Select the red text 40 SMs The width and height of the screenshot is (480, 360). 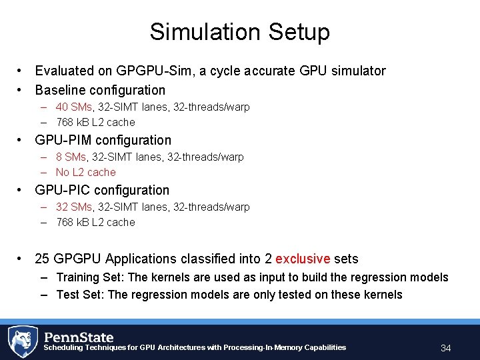click(x=74, y=107)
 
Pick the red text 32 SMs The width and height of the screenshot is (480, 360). click(x=74, y=207)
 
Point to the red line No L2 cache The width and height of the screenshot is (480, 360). click(x=86, y=172)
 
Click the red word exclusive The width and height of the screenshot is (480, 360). click(x=303, y=259)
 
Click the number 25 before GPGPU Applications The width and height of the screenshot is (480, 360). click(x=43, y=259)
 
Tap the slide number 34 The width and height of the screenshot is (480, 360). click(x=446, y=348)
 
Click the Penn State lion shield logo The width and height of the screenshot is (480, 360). click(x=23, y=341)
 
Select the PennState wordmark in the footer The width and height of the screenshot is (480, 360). click(x=79, y=337)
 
